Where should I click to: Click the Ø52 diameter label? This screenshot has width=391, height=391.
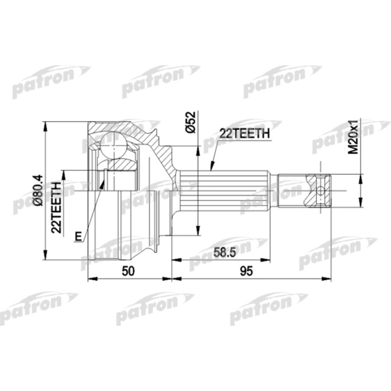coord(189,122)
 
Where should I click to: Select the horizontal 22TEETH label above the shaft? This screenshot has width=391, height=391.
coord(245,133)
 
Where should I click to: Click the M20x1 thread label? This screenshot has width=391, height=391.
coord(353,137)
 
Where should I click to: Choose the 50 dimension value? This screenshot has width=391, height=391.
coord(129,271)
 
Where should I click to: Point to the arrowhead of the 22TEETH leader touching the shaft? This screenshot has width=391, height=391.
coord(211,168)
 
